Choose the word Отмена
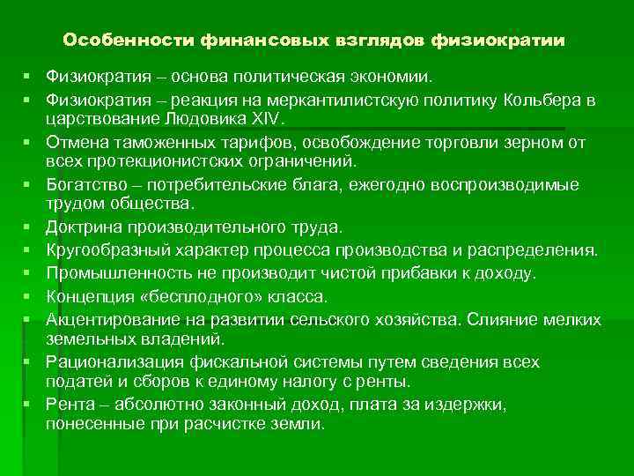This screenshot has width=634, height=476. click(x=75, y=141)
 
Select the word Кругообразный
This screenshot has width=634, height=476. click(x=106, y=249)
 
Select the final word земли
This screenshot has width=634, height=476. click(x=299, y=423)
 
